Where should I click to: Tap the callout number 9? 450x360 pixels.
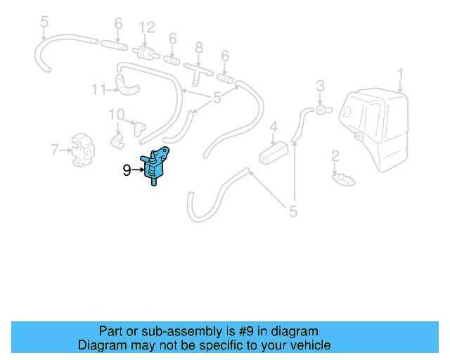(x=127, y=169)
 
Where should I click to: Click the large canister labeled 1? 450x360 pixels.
(x=373, y=127)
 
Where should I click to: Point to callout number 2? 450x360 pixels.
(x=335, y=155)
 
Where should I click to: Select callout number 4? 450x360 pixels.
(x=274, y=128)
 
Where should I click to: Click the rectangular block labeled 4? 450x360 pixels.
(x=275, y=153)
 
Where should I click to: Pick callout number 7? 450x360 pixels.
(x=54, y=149)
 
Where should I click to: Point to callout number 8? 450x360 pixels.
(x=199, y=48)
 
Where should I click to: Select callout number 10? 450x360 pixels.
(x=116, y=114)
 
